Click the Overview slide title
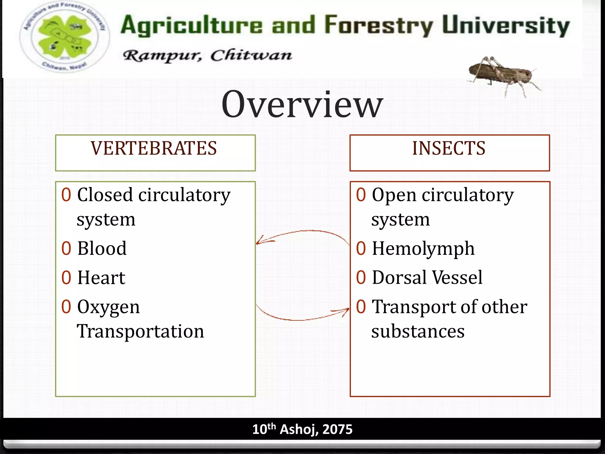coord(302,104)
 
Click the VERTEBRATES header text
coord(154,148)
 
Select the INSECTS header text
coord(448,148)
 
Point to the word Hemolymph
coord(423,249)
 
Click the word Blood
coord(102,248)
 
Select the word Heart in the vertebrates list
coord(101,278)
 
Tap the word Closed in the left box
coord(105,195)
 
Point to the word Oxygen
coord(108,307)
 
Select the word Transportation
coord(140,331)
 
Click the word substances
coord(418,331)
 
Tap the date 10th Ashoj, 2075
coord(302,429)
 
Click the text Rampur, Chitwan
coord(207,55)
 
